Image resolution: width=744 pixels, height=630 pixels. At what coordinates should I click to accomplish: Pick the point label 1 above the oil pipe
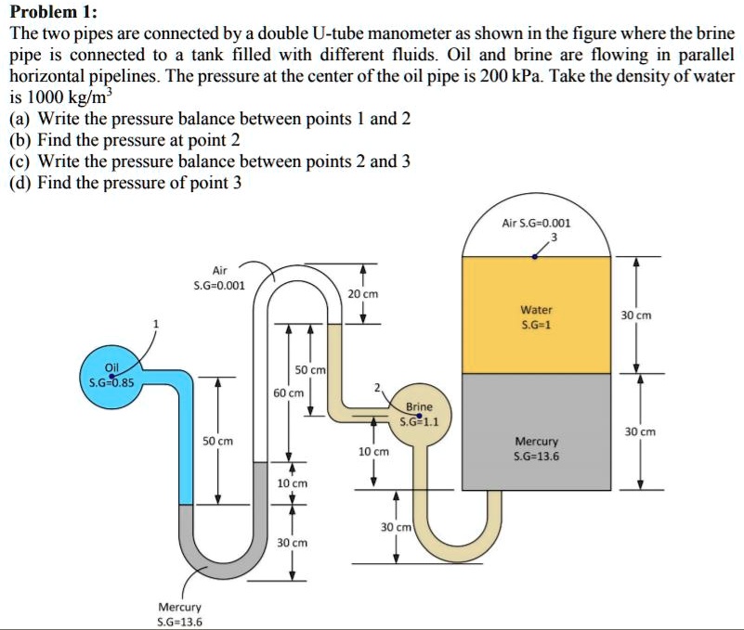pyautogui.click(x=157, y=324)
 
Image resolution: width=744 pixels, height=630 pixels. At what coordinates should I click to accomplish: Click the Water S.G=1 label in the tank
pyautogui.click(x=536, y=316)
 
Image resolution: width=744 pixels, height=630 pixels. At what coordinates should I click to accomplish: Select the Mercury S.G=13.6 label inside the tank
pyautogui.click(x=536, y=448)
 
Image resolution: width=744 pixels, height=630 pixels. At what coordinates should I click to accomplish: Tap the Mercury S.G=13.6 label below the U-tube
pyautogui.click(x=180, y=613)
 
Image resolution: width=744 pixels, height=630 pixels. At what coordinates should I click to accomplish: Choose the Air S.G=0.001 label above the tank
pyautogui.click(x=536, y=223)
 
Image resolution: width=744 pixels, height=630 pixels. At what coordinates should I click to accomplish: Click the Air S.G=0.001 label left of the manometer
pyautogui.click(x=219, y=277)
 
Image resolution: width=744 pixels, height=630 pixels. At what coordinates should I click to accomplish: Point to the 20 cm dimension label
pyautogui.click(x=362, y=293)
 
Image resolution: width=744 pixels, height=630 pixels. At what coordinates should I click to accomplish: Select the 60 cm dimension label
pyautogui.click(x=289, y=392)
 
